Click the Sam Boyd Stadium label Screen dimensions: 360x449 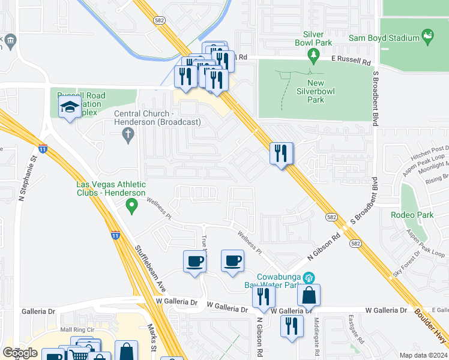[384, 38]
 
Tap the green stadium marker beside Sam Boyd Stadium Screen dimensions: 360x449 [427, 37]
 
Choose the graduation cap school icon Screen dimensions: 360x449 [70, 108]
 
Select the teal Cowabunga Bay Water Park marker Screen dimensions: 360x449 [310, 277]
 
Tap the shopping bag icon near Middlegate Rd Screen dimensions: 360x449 [309, 295]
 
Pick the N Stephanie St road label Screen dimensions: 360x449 [26, 179]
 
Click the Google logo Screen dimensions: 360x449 [20, 353]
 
